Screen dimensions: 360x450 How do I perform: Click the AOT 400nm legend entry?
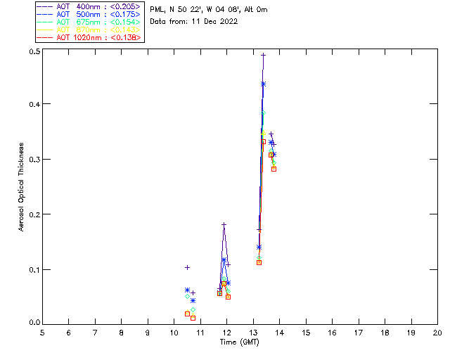point(88,6)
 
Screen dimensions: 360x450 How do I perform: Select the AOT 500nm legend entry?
point(88,14)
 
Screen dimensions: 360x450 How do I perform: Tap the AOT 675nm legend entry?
point(88,22)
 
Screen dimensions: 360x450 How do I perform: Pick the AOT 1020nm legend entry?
point(88,37)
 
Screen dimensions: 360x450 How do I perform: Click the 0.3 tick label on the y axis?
point(34,160)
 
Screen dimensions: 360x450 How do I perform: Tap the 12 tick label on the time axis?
point(227,332)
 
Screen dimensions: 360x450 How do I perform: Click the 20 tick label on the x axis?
point(437,332)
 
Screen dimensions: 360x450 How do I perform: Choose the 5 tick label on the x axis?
point(42,332)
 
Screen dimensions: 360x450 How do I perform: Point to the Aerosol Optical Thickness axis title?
point(22,187)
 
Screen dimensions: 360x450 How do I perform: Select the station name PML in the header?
point(157,10)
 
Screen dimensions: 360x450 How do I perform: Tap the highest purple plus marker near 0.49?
point(263,55)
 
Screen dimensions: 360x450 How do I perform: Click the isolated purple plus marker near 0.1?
point(187,267)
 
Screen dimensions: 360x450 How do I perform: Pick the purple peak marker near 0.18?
point(224,225)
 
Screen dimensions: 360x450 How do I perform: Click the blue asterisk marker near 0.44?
point(263,84)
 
